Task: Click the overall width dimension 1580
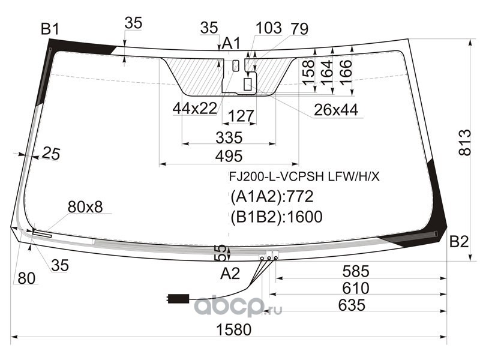click(x=233, y=329)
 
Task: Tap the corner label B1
click(x=50, y=29)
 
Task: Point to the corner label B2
click(x=459, y=242)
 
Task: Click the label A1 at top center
click(x=232, y=43)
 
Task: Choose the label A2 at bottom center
click(x=230, y=274)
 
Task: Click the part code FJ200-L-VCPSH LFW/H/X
click(x=304, y=176)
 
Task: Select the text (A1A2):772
click(x=272, y=197)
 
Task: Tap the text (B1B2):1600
click(x=277, y=217)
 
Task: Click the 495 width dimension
click(x=229, y=156)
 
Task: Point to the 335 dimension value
click(x=229, y=137)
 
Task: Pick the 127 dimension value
click(x=241, y=116)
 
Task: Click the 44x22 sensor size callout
click(x=195, y=108)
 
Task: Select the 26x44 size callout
click(x=336, y=110)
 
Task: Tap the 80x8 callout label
click(x=85, y=207)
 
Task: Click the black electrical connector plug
click(x=178, y=298)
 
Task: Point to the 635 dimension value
click(x=352, y=305)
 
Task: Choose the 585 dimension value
click(x=356, y=271)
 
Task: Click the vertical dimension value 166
click(x=346, y=72)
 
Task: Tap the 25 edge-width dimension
click(x=51, y=154)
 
